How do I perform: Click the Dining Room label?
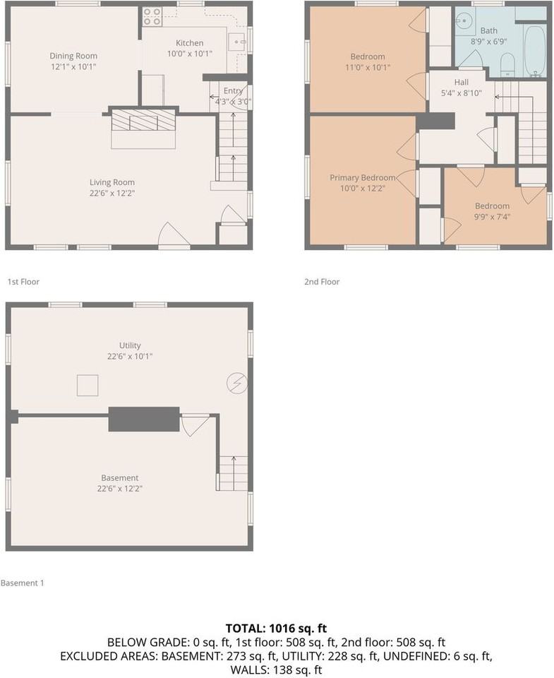click(73, 56)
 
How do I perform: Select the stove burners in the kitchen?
click(152, 17)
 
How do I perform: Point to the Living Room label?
click(112, 182)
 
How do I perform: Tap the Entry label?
click(233, 90)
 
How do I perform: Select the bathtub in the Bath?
click(534, 51)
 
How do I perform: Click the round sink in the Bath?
click(464, 23)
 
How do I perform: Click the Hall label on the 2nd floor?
click(461, 82)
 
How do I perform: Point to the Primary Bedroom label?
click(363, 178)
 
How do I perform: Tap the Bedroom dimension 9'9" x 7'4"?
click(492, 217)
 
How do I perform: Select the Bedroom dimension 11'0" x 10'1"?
click(368, 68)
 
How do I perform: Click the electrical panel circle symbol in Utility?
click(236, 383)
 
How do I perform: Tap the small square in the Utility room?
click(88, 386)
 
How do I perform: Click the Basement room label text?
click(119, 477)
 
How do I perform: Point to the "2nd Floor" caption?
click(322, 282)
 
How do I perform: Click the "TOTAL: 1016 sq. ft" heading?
click(276, 628)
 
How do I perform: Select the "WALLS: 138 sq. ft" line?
click(276, 670)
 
